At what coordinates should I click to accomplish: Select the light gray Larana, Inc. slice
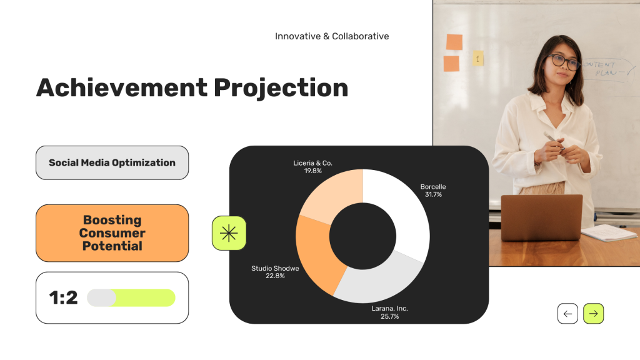tap(377, 282)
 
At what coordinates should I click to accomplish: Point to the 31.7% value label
tap(433, 195)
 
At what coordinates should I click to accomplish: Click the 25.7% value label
tap(390, 316)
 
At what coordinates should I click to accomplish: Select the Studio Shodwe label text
tap(275, 268)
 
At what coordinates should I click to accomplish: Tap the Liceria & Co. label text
tap(312, 163)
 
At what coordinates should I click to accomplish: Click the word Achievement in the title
tap(122, 87)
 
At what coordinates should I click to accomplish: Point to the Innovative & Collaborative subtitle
tap(332, 36)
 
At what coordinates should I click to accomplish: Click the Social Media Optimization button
tap(112, 163)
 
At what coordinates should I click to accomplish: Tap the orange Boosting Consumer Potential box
tap(112, 233)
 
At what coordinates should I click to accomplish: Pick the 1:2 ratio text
tap(63, 297)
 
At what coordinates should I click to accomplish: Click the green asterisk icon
tap(229, 233)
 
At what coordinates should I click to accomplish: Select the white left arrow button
tap(567, 314)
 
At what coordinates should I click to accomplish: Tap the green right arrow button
tap(594, 314)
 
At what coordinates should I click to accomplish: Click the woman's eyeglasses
tap(564, 62)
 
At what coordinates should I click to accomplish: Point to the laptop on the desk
tap(542, 217)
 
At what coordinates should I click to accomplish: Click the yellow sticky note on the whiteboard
tap(478, 58)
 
